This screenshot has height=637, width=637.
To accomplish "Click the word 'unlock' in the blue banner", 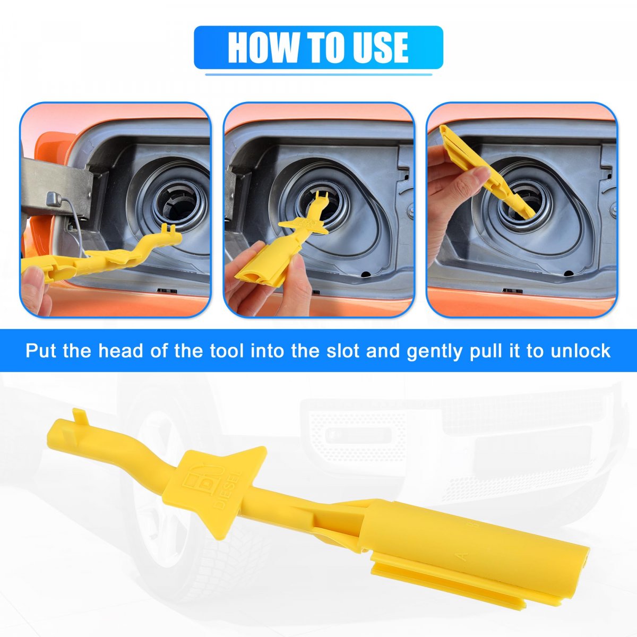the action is point(581,351).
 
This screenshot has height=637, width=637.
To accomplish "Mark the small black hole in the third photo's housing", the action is point(568,273).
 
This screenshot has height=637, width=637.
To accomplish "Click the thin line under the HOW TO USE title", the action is point(318,75).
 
